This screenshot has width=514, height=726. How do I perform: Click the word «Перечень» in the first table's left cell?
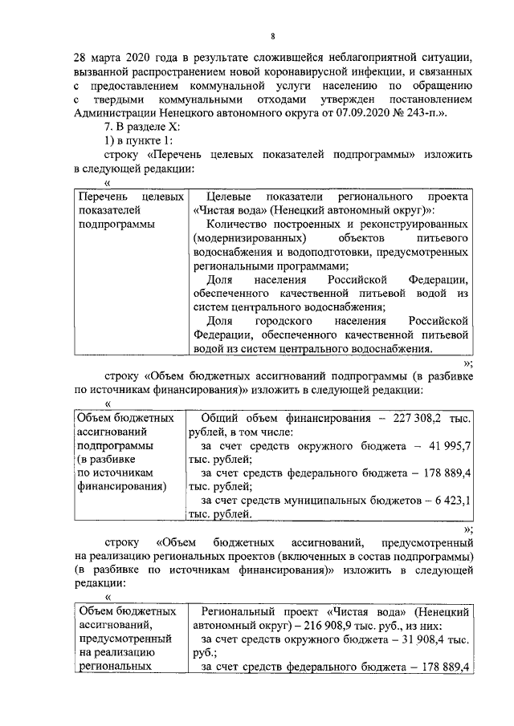tap(100, 197)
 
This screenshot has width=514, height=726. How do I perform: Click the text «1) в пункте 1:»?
tap(141, 141)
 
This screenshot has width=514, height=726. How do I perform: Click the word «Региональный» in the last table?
tap(239, 612)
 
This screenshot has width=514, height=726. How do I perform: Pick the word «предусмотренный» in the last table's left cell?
tap(124, 639)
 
